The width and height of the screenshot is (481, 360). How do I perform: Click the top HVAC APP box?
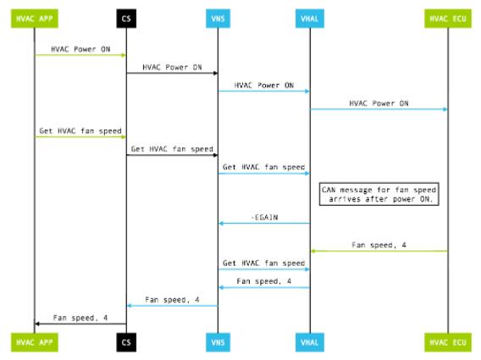[x=35, y=19]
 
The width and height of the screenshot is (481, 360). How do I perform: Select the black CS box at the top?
[x=126, y=19]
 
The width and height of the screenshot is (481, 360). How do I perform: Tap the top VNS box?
[x=218, y=19]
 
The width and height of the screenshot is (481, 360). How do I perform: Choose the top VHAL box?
[x=310, y=19]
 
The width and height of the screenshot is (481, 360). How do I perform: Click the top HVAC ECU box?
[x=448, y=19]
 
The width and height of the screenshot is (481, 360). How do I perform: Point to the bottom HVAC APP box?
[x=35, y=342]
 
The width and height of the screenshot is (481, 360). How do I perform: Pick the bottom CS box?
[x=126, y=342]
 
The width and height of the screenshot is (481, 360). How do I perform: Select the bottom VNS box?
[x=218, y=342]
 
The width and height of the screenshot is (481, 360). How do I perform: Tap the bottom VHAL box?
[x=310, y=342]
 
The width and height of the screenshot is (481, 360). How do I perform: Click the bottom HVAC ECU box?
[x=448, y=342]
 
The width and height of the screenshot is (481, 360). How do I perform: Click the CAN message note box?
[x=379, y=194]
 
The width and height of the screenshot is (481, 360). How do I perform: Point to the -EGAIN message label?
[x=264, y=218]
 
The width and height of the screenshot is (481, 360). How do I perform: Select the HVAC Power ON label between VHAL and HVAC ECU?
[x=379, y=103]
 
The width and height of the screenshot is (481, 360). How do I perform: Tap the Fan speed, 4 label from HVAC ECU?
[x=379, y=245]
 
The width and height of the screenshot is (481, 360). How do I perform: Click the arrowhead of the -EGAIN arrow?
[x=220, y=224]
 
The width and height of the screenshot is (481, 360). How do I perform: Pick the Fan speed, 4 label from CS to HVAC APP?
[x=80, y=318]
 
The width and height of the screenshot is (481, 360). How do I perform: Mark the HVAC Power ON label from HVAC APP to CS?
[x=80, y=49]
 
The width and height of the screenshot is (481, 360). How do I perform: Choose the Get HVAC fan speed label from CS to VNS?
[x=172, y=149]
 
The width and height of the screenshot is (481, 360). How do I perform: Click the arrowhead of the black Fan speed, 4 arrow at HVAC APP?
[x=37, y=324]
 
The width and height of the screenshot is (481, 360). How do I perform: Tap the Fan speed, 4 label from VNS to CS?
[x=172, y=300]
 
